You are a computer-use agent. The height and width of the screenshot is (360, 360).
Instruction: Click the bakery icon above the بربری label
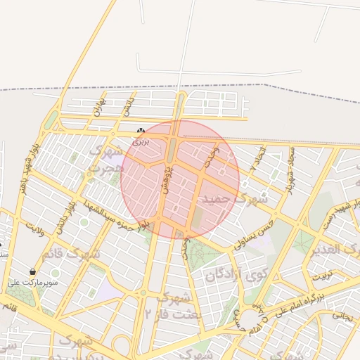(x=141, y=131)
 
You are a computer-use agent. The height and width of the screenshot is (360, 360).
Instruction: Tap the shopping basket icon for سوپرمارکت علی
(x=33, y=272)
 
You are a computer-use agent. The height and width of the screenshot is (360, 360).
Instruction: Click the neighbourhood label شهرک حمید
(x=235, y=200)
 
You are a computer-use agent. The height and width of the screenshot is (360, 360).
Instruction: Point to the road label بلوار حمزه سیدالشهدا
(x=116, y=217)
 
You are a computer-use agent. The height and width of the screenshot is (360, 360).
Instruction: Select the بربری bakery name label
(x=142, y=141)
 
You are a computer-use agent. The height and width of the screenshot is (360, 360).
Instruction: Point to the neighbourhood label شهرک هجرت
(x=105, y=160)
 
